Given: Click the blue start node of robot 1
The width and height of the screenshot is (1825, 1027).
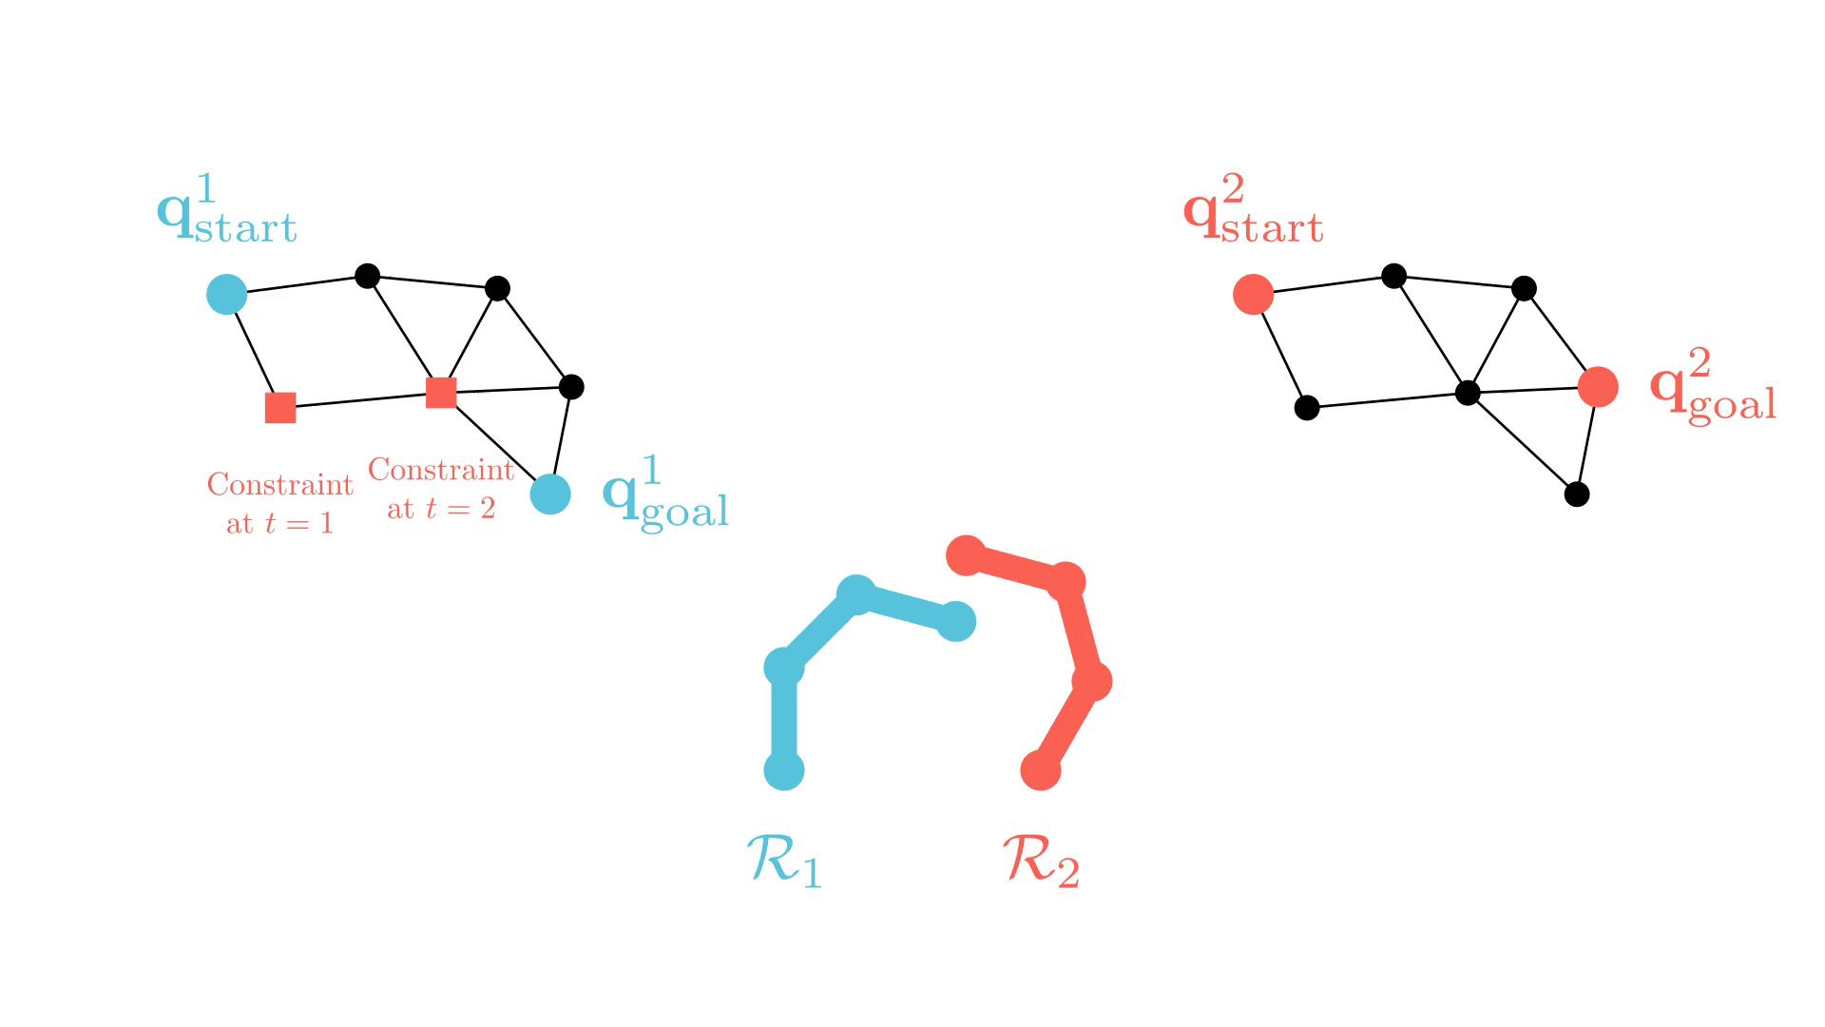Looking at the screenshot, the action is tap(227, 295).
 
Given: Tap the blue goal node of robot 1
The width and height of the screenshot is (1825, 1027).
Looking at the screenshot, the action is tap(550, 494).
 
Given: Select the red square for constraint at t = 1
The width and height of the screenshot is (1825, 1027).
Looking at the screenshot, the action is tap(280, 407).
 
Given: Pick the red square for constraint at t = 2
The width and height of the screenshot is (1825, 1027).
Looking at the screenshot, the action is tap(441, 392).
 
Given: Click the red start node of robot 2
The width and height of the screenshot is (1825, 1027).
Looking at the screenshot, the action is tap(1253, 295).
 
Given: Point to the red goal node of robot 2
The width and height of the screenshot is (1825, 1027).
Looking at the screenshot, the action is tap(1598, 387).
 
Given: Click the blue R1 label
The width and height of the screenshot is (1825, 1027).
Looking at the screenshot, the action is tap(783, 861).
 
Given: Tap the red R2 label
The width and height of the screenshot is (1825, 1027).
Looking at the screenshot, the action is tap(1041, 861).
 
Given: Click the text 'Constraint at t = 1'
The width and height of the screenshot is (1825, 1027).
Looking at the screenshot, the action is tap(280, 503).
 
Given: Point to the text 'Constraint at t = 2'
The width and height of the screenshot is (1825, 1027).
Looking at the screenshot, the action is tap(441, 488).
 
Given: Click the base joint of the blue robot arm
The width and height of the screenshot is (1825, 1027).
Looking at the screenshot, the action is tap(784, 770).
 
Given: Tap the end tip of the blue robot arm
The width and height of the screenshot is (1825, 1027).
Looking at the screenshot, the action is tap(956, 622).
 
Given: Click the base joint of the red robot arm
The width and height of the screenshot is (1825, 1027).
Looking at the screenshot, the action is tap(1041, 770).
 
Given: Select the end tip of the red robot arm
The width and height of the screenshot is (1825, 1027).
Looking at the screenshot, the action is tap(967, 555).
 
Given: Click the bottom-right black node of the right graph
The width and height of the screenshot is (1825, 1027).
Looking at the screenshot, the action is tap(1577, 494).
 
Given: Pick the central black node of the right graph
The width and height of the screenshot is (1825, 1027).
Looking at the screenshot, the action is tap(1468, 393).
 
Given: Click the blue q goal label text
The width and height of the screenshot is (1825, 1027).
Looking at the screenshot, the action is tap(665, 494).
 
